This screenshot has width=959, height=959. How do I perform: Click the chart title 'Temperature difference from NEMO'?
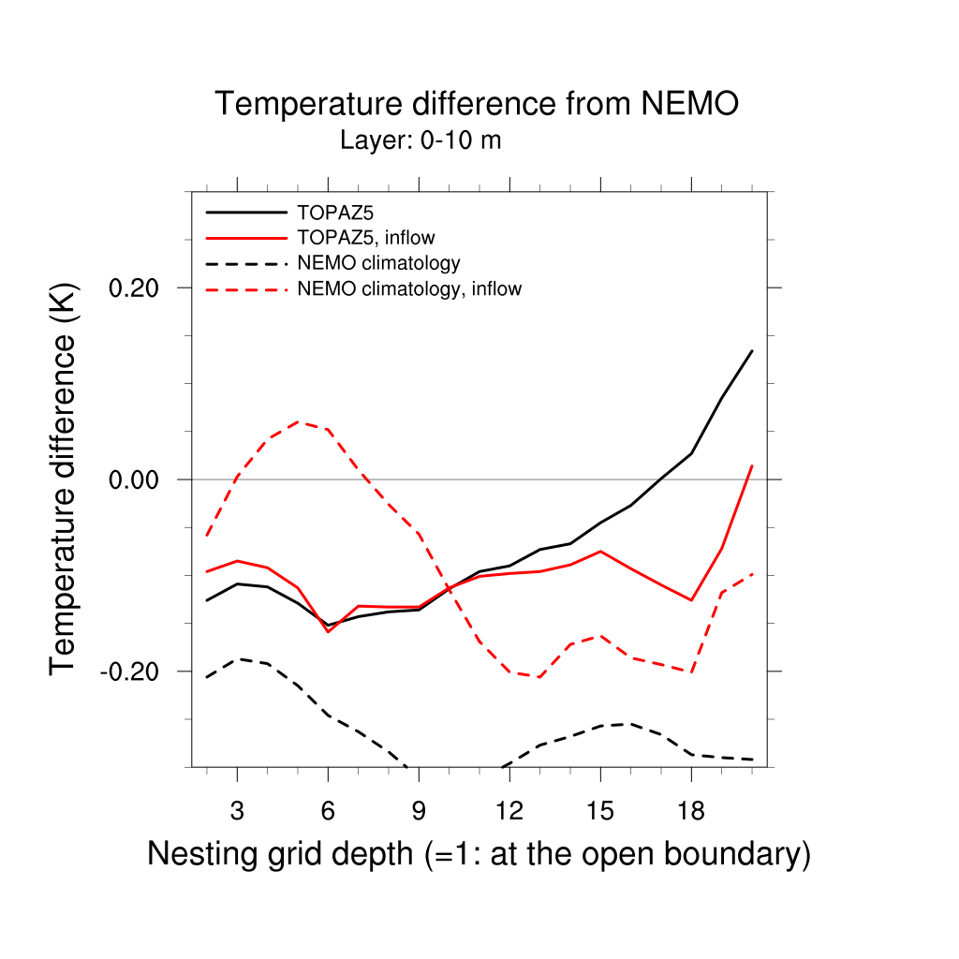click(477, 104)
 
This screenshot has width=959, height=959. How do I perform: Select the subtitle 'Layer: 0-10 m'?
click(420, 141)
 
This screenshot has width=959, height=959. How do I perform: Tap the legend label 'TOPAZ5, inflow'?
click(365, 238)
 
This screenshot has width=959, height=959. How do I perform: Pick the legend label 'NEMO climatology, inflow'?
click(408, 289)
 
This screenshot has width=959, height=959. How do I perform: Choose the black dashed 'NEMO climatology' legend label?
click(377, 263)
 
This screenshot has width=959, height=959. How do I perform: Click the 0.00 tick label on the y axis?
click(137, 479)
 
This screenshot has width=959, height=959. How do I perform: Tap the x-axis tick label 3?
click(237, 810)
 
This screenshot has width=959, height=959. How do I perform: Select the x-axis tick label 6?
click(328, 810)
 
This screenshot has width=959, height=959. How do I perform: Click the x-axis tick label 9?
click(419, 810)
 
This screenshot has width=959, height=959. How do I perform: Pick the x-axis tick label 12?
click(509, 810)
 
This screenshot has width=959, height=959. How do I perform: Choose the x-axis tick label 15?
click(600, 810)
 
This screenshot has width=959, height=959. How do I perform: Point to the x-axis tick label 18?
click(691, 810)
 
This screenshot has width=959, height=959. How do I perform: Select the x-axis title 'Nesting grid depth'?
click(478, 854)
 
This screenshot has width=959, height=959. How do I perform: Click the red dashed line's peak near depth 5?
click(299, 421)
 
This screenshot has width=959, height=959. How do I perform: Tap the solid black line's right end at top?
click(752, 351)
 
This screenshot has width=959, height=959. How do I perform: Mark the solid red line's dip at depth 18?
click(691, 600)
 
